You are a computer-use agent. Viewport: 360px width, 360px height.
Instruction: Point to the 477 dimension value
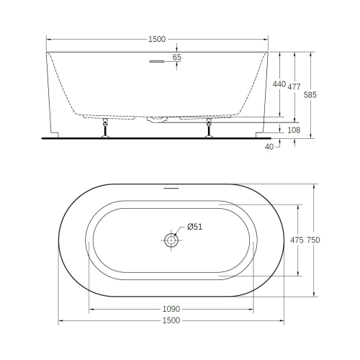pyautogui.click(x=294, y=86)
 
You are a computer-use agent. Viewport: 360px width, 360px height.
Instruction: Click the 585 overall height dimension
pyautogui.click(x=310, y=94)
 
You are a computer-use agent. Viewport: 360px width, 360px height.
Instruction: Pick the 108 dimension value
pyautogui.click(x=293, y=130)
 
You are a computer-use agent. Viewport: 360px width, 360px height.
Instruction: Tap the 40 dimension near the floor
pyautogui.click(x=269, y=146)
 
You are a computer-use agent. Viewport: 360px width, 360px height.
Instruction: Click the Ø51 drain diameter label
pyautogui.click(x=194, y=227)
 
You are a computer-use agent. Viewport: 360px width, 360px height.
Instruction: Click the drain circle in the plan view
pyautogui.click(x=171, y=240)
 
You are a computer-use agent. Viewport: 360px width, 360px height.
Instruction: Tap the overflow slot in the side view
pyautogui.click(x=158, y=62)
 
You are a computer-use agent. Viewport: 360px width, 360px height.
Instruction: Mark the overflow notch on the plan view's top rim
pyautogui.click(x=171, y=188)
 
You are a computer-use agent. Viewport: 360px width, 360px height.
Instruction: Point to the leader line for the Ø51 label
pyautogui.click(x=181, y=232)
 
